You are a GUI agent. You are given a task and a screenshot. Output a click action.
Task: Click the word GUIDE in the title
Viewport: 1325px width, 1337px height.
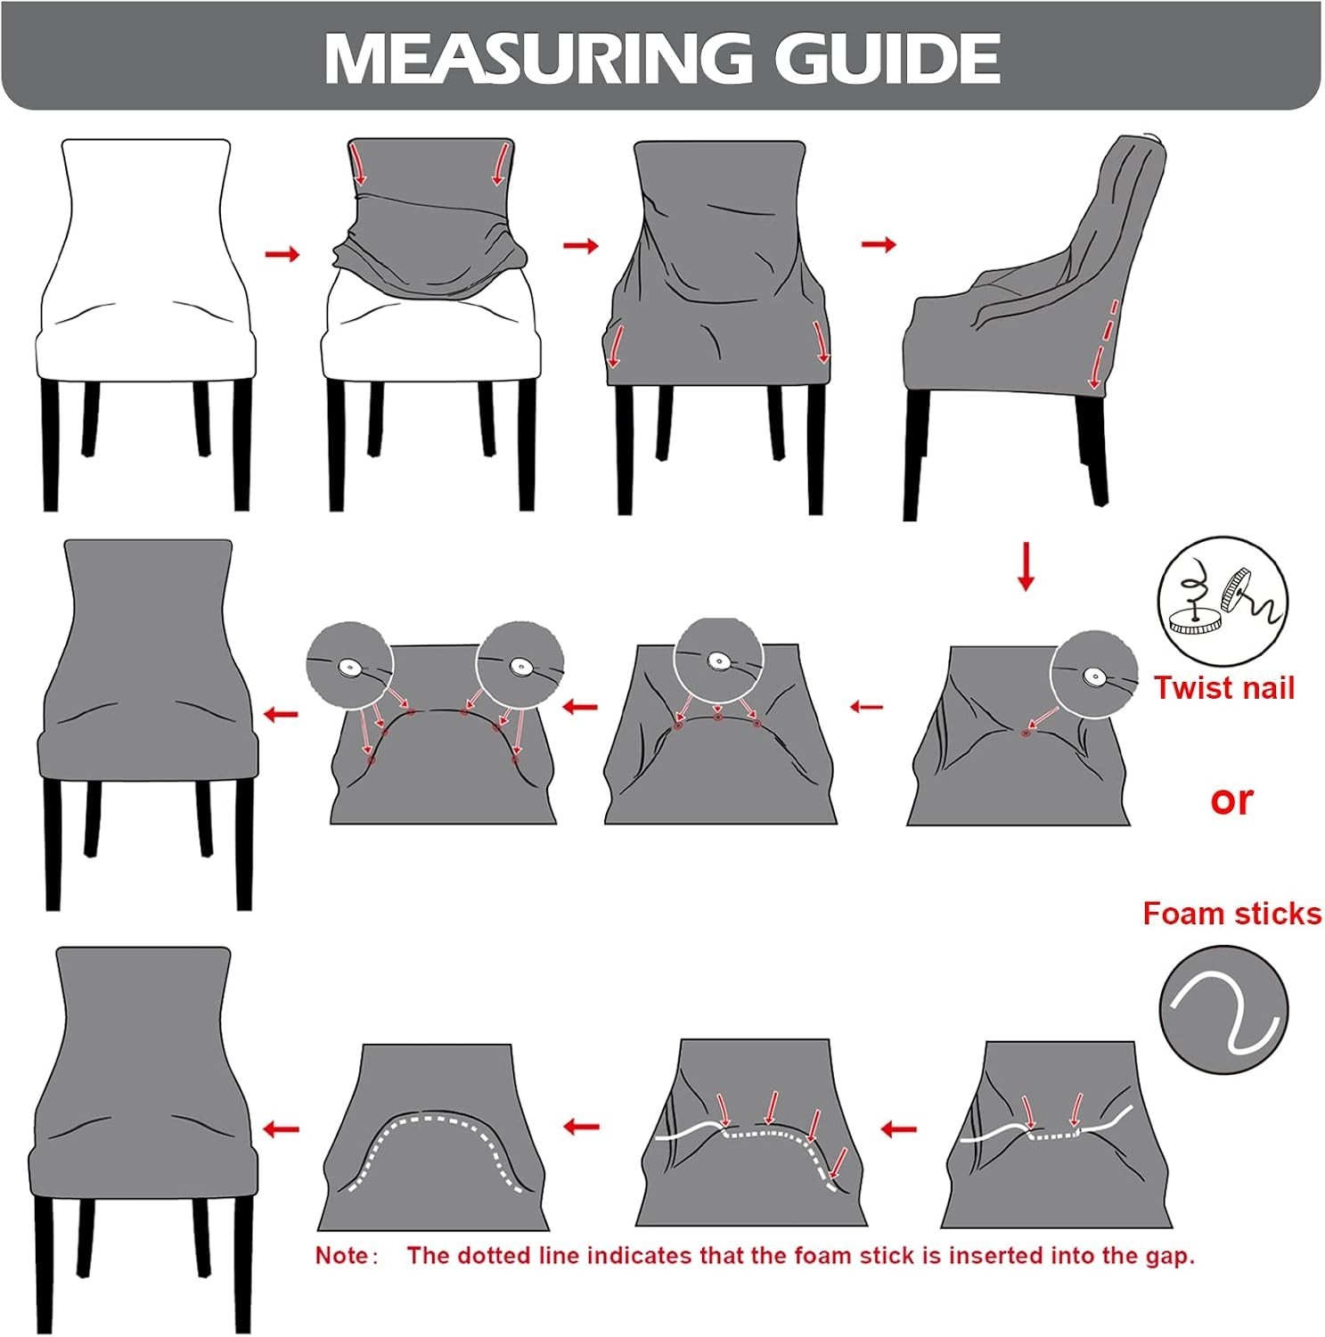point(887,59)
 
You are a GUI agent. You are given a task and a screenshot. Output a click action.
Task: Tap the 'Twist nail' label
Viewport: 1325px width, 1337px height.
point(1224,688)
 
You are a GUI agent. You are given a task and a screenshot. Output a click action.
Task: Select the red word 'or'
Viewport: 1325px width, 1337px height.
point(1231,800)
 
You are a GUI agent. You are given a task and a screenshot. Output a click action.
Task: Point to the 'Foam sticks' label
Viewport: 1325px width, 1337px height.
point(1232,914)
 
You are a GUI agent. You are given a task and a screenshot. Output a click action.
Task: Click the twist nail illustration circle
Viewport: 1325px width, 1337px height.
point(1223,599)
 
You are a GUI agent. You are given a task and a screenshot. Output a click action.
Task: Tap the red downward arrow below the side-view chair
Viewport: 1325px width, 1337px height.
point(1026,565)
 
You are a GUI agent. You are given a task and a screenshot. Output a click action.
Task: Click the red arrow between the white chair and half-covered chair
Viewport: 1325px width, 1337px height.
point(283,255)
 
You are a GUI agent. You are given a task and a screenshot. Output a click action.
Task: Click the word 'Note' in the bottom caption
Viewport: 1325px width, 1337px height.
point(341,1256)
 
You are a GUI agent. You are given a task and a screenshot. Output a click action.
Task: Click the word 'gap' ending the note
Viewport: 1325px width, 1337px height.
point(1168,1258)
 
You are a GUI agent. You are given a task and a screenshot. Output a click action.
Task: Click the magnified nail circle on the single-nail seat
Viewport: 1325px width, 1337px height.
point(1094,676)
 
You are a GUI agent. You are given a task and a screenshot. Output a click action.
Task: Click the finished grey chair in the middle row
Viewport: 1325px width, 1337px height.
point(147,724)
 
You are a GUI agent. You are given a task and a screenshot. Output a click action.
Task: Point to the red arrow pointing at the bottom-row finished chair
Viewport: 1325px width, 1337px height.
point(282,1130)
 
